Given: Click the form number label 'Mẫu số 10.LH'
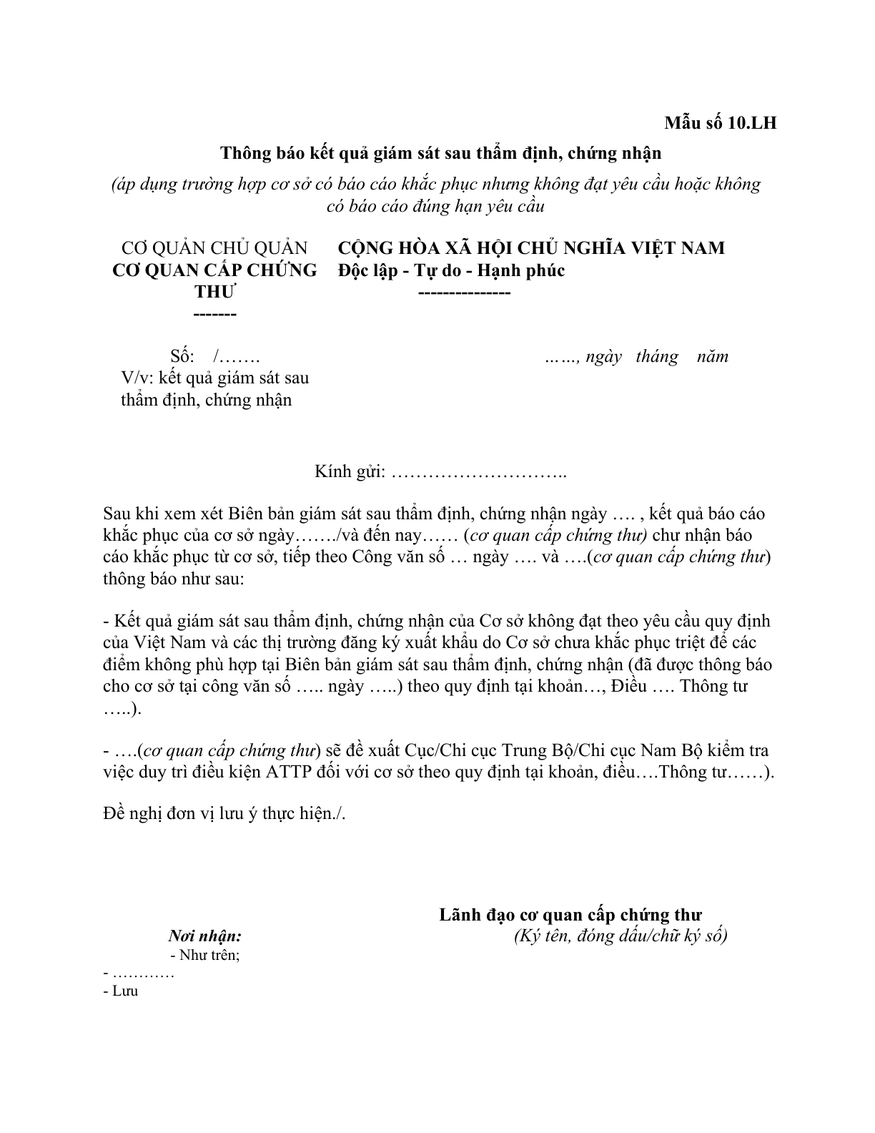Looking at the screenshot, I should [720, 123].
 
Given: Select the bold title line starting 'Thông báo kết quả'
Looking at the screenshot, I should [440, 153].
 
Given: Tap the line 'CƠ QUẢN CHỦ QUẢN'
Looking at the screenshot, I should [214, 248].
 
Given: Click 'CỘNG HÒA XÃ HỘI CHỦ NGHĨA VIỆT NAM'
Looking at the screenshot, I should [531, 248].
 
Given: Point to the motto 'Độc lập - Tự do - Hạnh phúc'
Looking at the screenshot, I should [452, 270].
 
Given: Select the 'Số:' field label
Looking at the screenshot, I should [182, 356].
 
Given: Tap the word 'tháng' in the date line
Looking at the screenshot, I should [656, 356].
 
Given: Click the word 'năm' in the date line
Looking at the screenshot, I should [712, 356].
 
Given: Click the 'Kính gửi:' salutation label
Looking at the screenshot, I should [350, 472].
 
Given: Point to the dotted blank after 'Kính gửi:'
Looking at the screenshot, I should [479, 474].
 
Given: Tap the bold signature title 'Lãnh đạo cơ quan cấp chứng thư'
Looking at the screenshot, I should [570, 915].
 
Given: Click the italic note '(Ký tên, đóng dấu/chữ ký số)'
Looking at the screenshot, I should [620, 936].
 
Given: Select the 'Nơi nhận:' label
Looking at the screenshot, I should [204, 936].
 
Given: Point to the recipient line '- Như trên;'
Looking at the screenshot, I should [205, 955].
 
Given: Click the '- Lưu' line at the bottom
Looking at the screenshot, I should [121, 991].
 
